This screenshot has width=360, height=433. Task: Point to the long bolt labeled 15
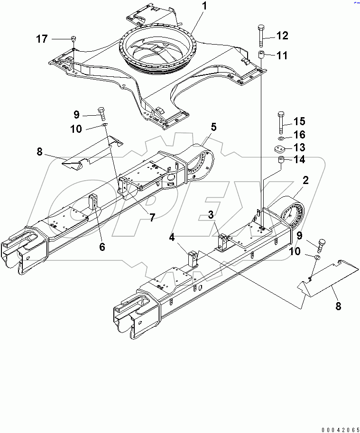pos(281,122)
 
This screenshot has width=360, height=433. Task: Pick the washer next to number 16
pos(281,138)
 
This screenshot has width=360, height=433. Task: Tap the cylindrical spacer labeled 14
pos(281,162)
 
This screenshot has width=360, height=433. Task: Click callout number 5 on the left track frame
pos(213,127)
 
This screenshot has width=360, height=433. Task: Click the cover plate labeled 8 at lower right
pos(323,280)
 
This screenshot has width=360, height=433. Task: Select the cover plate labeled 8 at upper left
pos(90,154)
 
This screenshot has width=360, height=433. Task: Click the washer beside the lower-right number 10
pos(317,257)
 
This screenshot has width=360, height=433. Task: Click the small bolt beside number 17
pos(73,39)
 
